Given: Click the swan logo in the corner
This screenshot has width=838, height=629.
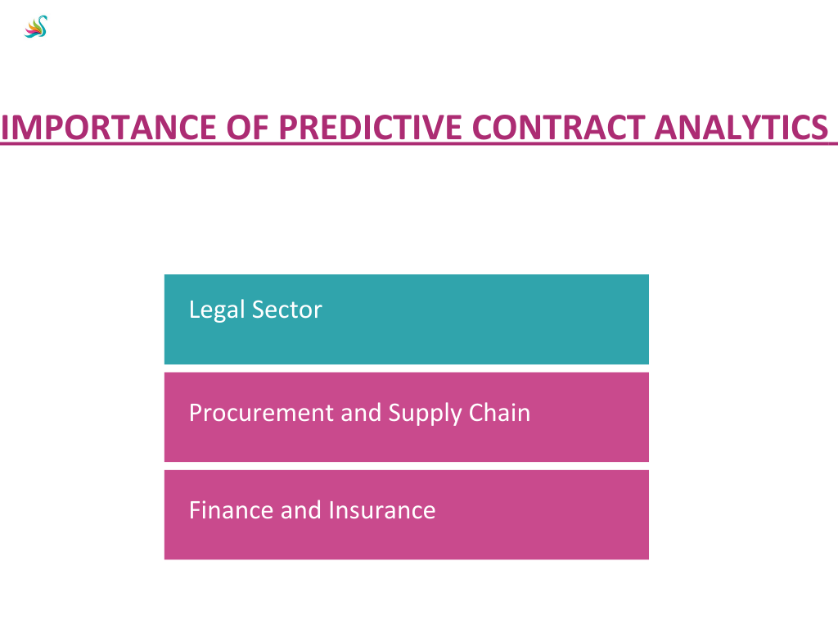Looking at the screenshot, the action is pyautogui.click(x=36, y=27).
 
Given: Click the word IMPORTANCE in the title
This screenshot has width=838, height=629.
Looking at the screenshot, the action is pyautogui.click(x=109, y=127).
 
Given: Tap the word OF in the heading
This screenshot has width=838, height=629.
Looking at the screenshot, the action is pyautogui.click(x=247, y=127).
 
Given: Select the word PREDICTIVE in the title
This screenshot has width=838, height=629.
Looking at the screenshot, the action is pyautogui.click(x=370, y=127).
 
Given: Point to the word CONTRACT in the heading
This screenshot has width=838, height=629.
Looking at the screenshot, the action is pyautogui.click(x=558, y=127).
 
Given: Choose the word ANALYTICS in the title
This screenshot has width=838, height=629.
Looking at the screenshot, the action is pyautogui.click(x=741, y=127).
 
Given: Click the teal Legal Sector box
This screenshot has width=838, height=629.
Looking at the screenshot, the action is pyautogui.click(x=407, y=319).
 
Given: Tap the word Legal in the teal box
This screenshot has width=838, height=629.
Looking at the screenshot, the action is pyautogui.click(x=216, y=310).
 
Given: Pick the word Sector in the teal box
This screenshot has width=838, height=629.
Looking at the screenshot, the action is pyautogui.click(x=287, y=310).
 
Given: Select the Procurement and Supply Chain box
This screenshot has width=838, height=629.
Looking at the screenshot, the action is pyautogui.click(x=407, y=417).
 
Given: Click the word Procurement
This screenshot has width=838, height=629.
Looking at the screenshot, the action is pyautogui.click(x=261, y=413).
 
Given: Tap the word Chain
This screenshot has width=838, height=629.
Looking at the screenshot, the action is pyautogui.click(x=500, y=413).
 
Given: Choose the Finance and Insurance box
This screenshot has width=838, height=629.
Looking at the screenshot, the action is pyautogui.click(x=407, y=515).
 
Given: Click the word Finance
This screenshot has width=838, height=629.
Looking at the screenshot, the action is pyautogui.click(x=231, y=510).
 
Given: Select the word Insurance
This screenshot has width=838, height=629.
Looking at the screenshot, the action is pyautogui.click(x=382, y=510).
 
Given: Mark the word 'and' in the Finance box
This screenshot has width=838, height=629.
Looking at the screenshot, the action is pyautogui.click(x=301, y=510).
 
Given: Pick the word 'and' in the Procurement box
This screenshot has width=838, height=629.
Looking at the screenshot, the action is pyautogui.click(x=361, y=413).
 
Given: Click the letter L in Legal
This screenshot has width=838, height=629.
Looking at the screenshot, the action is pyautogui.click(x=195, y=309).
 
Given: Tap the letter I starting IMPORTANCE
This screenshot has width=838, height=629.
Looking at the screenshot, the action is pyautogui.click(x=4, y=127).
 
